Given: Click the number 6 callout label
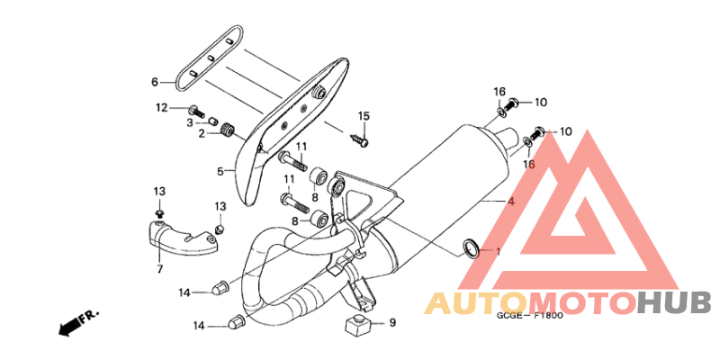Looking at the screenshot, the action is pyautogui.click(x=155, y=83).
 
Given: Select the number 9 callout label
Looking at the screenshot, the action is pyautogui.click(x=392, y=323).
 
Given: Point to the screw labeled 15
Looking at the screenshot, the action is pyautogui.click(x=359, y=139).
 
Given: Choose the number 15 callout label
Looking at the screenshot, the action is pyautogui.click(x=364, y=116).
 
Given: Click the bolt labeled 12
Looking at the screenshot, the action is pyautogui.click(x=196, y=111).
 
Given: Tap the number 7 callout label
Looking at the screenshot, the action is pyautogui.click(x=160, y=269).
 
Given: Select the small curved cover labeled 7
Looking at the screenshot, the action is pyautogui.click(x=181, y=238).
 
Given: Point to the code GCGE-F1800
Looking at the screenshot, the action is pyautogui.click(x=529, y=316).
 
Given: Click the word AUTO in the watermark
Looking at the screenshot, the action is pyautogui.click(x=476, y=303).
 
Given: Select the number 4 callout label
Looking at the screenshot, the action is pyautogui.click(x=510, y=201).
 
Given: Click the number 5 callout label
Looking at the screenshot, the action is pyautogui.click(x=220, y=172).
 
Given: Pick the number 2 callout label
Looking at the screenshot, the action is pyautogui.click(x=201, y=133).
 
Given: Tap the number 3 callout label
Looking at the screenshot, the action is pyautogui.click(x=190, y=122).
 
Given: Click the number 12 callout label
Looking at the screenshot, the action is pyautogui.click(x=162, y=108).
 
